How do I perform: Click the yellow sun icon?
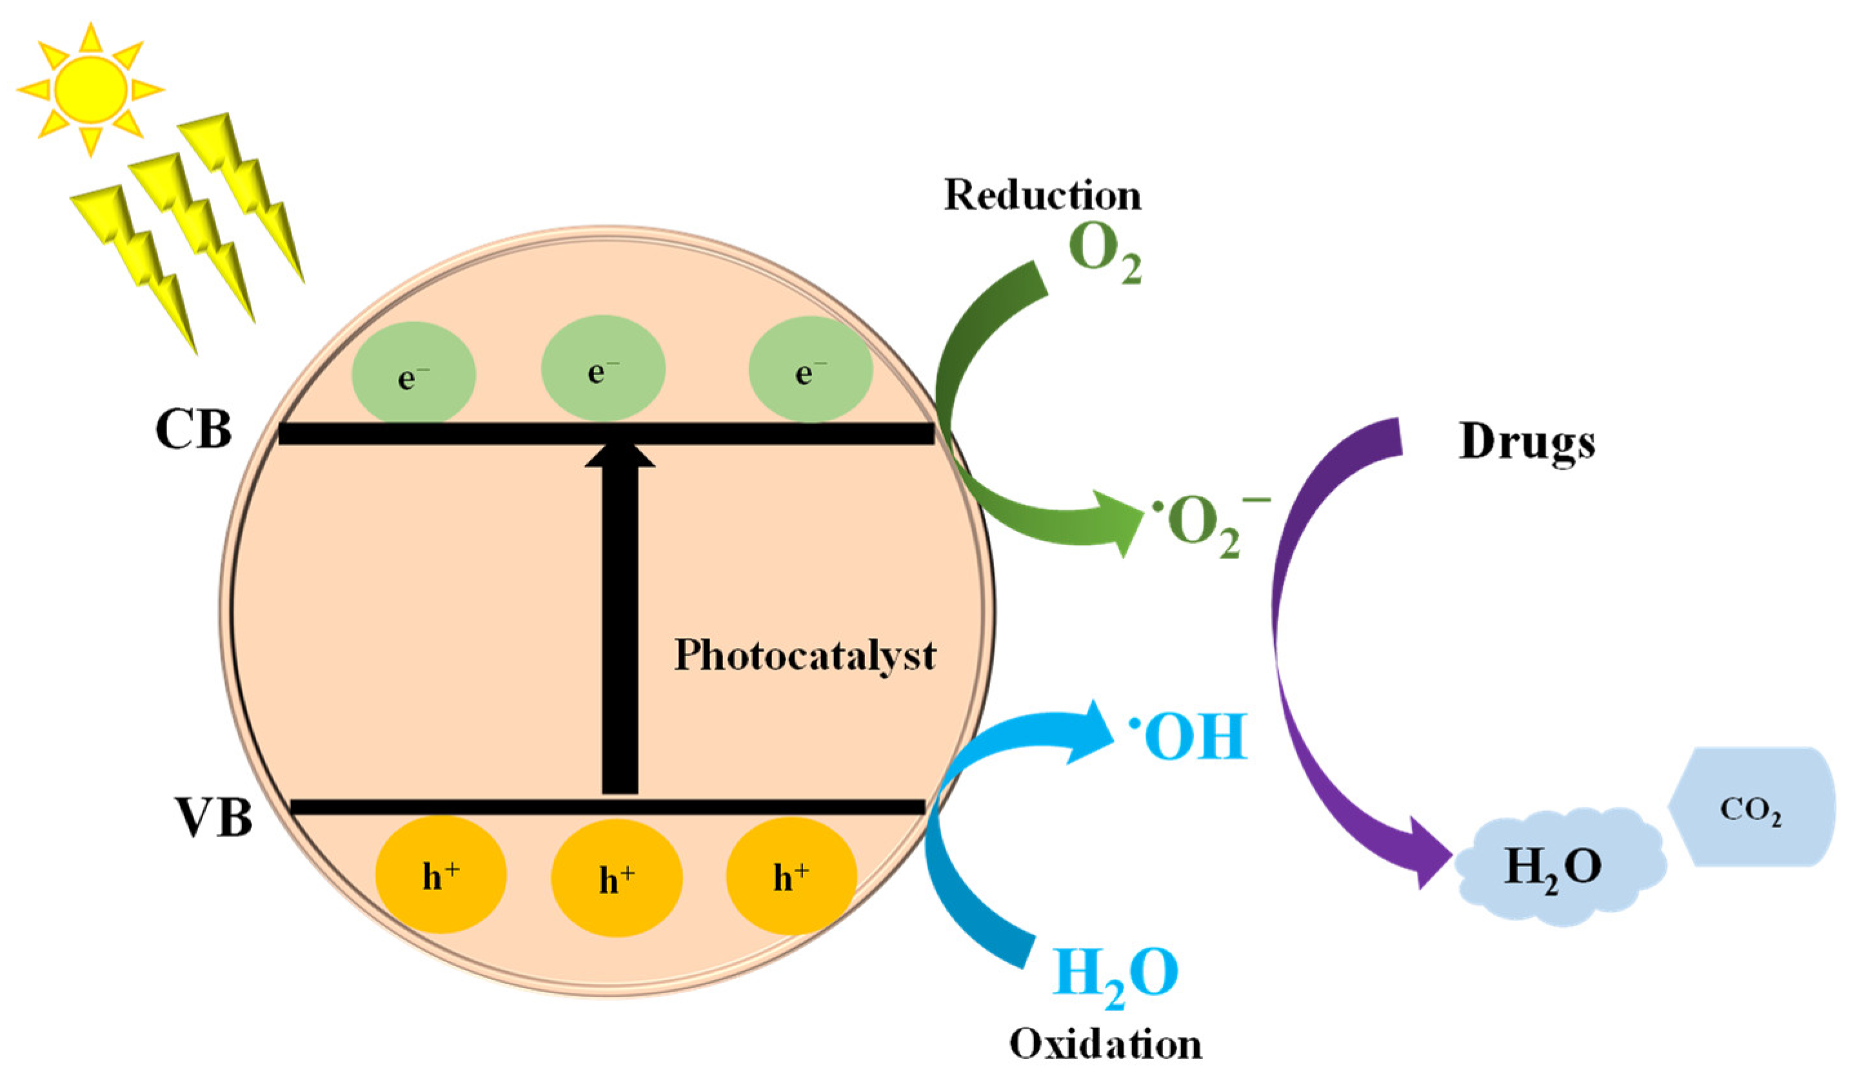[90, 89]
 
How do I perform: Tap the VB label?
[214, 818]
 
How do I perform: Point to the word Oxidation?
[1105, 1044]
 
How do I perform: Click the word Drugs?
[1527, 442]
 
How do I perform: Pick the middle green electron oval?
[603, 369]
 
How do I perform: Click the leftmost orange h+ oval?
[441, 875]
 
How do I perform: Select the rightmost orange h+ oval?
[791, 875]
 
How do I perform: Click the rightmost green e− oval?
[810, 370]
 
